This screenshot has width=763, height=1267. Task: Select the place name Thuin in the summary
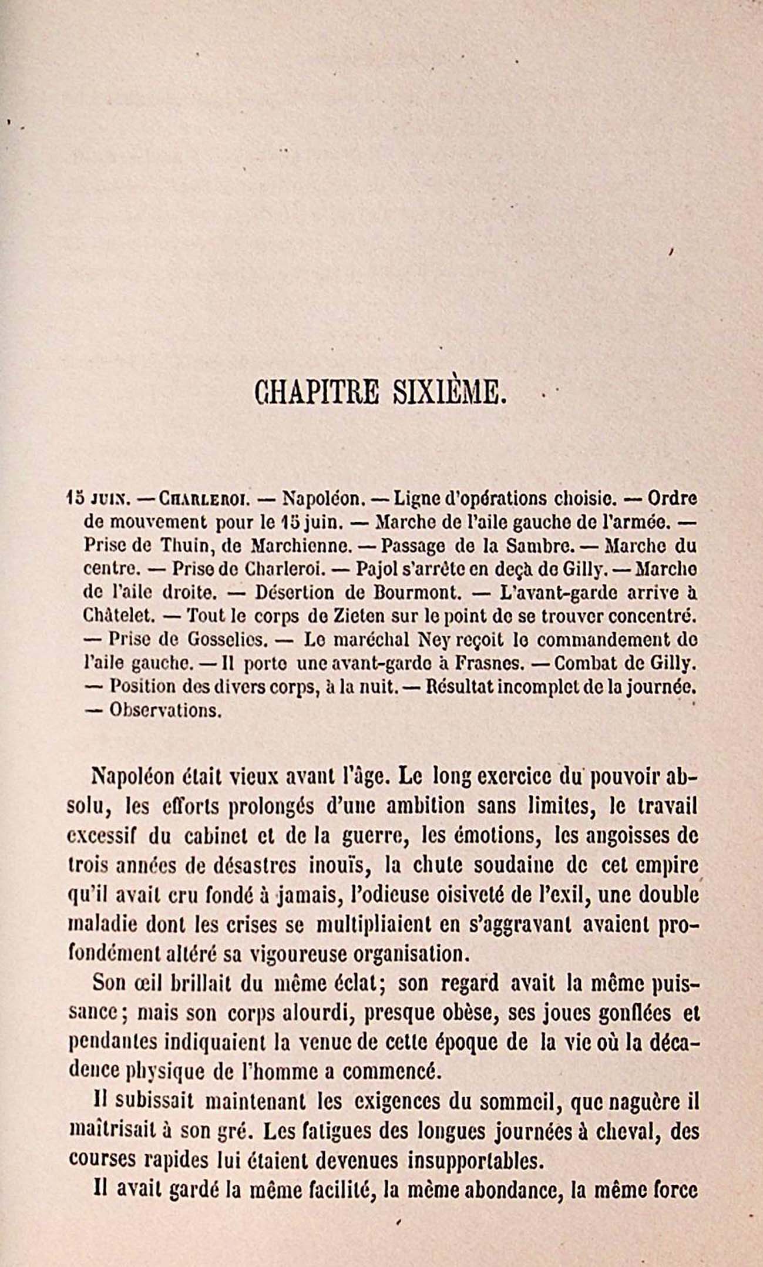[x=184, y=546]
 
